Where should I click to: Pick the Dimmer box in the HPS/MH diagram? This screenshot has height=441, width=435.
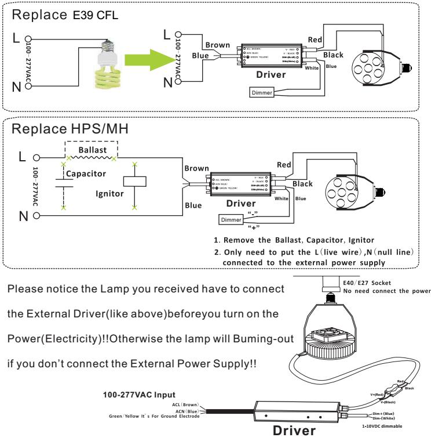231,219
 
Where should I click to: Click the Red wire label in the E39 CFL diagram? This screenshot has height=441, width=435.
315,39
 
